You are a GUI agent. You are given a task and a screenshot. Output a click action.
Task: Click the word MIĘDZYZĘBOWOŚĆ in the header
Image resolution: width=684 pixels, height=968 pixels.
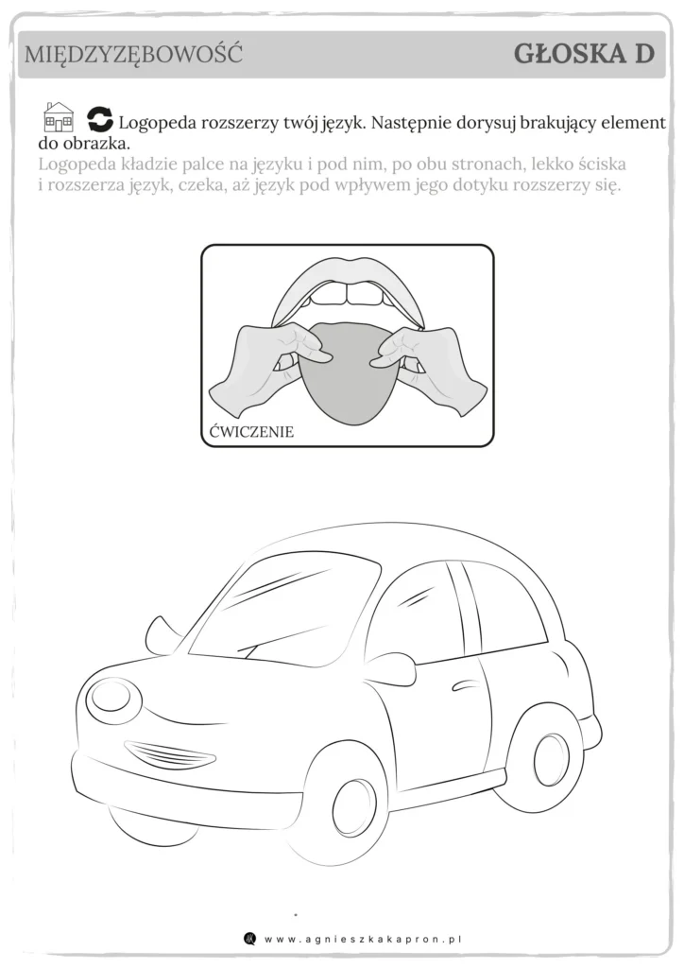click(133, 54)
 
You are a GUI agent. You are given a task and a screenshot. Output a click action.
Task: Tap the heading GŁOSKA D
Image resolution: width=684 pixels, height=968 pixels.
click(584, 54)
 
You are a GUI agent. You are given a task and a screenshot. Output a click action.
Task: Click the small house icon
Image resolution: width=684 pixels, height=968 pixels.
click(58, 117)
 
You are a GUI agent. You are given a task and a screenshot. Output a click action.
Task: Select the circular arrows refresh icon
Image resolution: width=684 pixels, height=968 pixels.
click(100, 119)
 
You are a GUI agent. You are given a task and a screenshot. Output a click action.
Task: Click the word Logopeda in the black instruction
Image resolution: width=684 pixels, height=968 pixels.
click(156, 123)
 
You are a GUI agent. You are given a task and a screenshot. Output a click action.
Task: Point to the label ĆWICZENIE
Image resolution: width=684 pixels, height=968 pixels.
click(251, 431)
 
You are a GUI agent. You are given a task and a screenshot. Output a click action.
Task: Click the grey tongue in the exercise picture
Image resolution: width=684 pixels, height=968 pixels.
click(348, 373)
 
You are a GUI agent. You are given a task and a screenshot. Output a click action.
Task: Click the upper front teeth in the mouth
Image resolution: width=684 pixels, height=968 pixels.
click(348, 294)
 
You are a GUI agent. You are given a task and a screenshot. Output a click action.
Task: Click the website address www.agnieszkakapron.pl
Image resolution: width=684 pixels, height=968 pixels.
click(363, 939)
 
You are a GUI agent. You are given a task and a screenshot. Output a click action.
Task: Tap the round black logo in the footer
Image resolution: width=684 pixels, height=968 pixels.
click(249, 939)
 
